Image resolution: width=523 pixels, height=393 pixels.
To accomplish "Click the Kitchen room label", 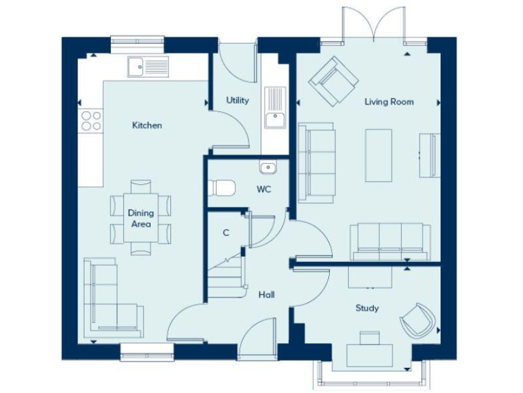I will point(147,126).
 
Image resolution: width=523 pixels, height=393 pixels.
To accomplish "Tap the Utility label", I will point(238,100).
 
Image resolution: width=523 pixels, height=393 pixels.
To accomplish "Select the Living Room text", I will point(389,102).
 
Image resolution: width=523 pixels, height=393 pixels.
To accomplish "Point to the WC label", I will point(264,189).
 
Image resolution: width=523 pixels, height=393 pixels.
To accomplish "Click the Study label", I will point(367,308).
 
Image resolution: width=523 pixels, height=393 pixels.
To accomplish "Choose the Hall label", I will point(266,295).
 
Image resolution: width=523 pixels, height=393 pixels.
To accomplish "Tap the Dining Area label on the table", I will point(141,218).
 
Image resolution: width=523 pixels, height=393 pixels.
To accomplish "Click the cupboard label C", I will point(226,233).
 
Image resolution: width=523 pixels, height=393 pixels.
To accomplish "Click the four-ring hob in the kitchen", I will point(91,121).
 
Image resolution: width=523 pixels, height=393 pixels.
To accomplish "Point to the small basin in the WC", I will point(266,167).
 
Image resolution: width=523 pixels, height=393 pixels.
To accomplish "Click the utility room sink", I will point(275,107).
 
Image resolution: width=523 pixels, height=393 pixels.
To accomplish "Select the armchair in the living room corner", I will point(333,81).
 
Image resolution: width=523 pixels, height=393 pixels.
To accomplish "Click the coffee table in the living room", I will point(379,155).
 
